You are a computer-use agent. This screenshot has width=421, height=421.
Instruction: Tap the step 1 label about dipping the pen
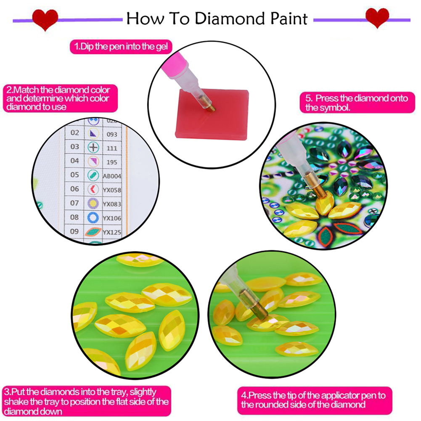(121, 47)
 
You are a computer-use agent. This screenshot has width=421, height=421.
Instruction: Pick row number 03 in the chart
(75, 147)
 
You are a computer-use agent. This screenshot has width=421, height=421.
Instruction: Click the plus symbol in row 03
(93, 147)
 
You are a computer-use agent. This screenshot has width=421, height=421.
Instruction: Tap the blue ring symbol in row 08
(93, 217)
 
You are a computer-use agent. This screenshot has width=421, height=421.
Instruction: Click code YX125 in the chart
(112, 232)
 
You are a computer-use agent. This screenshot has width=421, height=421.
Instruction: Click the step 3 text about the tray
(86, 401)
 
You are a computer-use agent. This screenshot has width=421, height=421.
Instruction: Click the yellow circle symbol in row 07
(93, 204)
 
